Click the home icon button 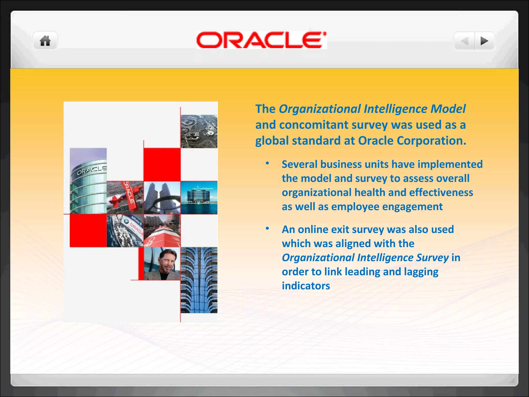45,41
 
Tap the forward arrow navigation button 484,41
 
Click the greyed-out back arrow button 465,41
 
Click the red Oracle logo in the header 261,40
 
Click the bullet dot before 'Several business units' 267,163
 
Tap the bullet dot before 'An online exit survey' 267,228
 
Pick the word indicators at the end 306,286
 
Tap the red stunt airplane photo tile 125,197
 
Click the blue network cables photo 199,280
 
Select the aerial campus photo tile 199,131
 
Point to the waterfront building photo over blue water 199,197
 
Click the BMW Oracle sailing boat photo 125,231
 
